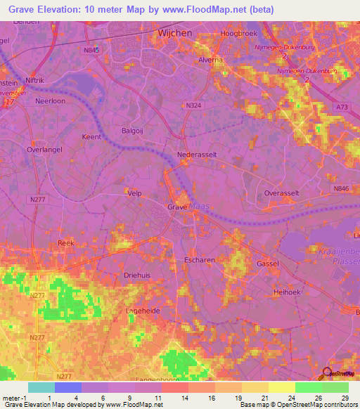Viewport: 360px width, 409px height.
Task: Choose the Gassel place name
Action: tap(268, 263)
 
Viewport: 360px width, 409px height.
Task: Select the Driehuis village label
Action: tap(137, 275)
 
